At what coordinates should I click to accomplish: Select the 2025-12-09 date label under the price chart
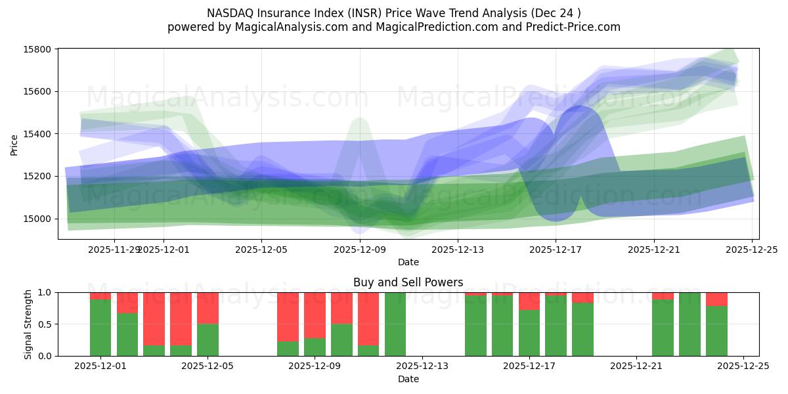coord(360,250)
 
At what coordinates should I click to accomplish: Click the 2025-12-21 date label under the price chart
coord(654,250)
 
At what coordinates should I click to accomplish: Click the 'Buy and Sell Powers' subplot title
coord(408,282)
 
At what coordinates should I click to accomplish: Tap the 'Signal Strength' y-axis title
coord(28,324)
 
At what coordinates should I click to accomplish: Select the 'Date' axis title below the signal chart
coord(408,379)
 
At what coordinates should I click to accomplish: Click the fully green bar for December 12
coord(395,324)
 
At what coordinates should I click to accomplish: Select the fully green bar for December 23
coord(689,324)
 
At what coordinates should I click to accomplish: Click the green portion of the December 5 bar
coord(208,340)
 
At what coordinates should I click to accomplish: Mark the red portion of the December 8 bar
coord(288,317)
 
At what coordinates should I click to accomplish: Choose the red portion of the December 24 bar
coord(716,299)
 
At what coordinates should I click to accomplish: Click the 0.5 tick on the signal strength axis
coord(45,324)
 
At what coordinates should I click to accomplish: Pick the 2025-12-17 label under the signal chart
coord(529,366)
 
